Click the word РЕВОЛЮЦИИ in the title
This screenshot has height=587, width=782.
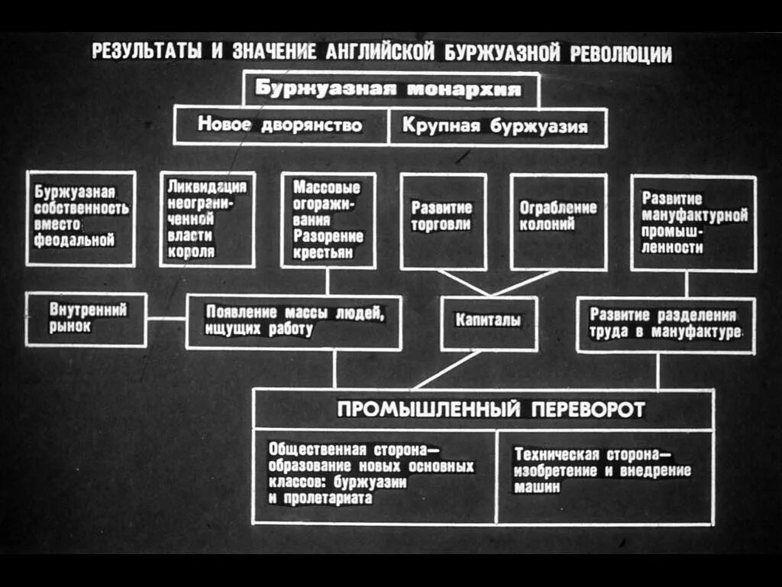coord(621,54)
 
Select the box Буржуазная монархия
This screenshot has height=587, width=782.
coord(390,89)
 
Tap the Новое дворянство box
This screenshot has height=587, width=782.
coord(280,125)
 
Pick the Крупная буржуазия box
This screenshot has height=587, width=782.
coord(496,125)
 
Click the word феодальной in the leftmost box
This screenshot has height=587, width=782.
coord(75,241)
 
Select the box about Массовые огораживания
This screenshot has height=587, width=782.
coord(328,220)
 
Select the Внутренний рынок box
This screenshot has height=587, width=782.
coord(86,319)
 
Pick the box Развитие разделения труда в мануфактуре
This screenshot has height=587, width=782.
coord(664,324)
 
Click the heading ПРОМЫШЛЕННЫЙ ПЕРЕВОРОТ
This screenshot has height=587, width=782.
coord(490,410)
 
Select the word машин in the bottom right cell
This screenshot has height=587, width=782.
coord(538,486)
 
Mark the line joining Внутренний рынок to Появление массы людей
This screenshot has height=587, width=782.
coord(166,319)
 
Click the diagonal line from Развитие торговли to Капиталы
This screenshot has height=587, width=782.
coord(464,282)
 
